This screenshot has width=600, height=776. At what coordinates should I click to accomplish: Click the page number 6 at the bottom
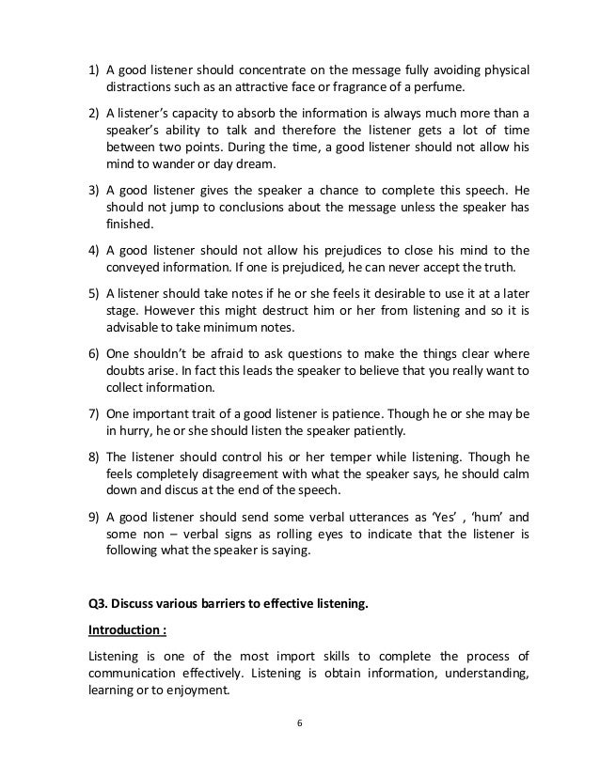click(x=299, y=723)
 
